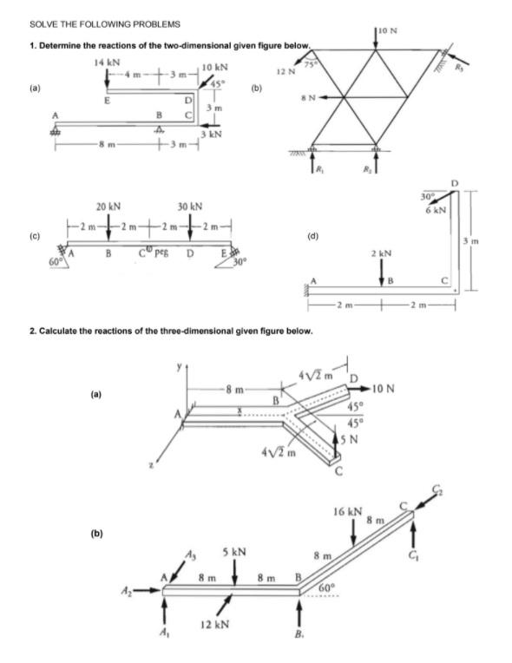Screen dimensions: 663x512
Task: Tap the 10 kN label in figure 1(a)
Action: click(215, 68)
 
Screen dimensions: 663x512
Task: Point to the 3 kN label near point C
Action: click(214, 135)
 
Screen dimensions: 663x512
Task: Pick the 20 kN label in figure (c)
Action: click(108, 207)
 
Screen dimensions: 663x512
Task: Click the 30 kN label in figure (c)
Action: click(189, 207)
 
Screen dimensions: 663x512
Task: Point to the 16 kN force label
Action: click(350, 513)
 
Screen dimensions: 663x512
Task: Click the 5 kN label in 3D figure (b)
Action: click(234, 552)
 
